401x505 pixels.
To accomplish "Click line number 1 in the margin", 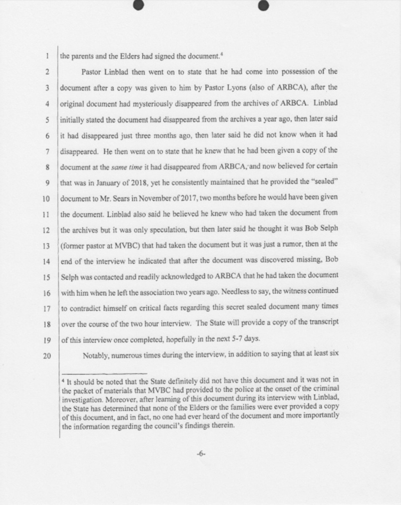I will point(45,56).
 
